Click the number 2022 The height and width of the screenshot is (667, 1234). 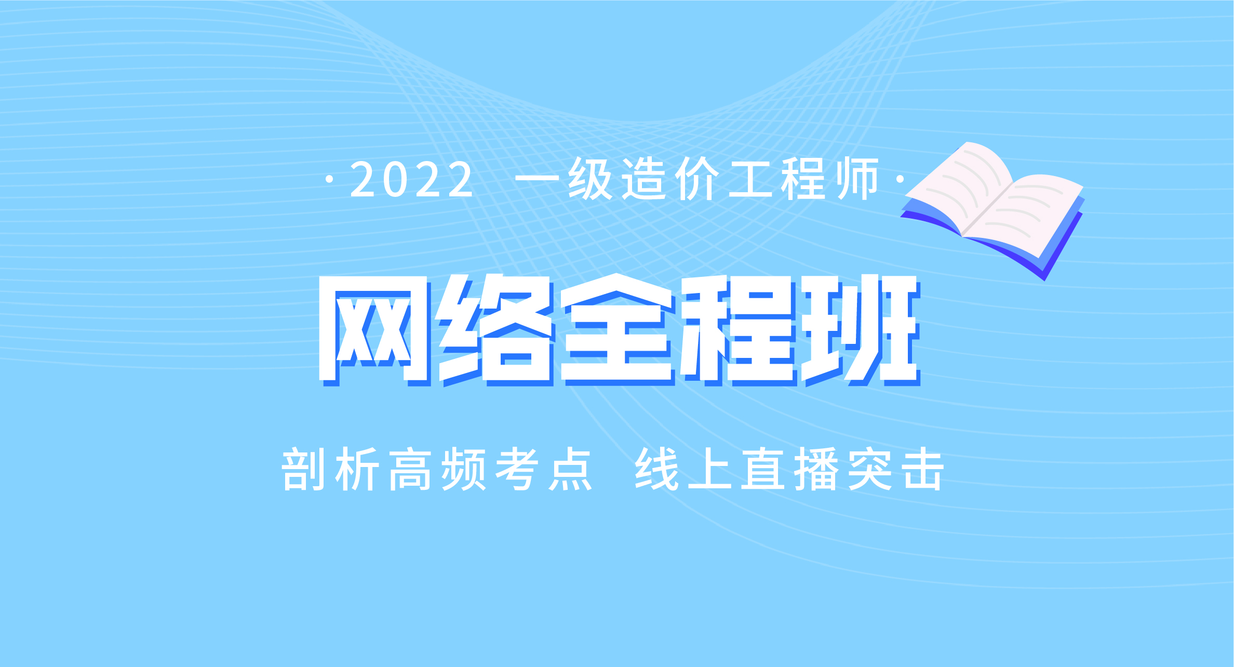[x=411, y=179]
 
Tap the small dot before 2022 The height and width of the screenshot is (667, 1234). [x=329, y=180]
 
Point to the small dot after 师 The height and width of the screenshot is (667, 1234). [x=900, y=179]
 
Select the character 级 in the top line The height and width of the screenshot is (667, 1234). [x=591, y=179]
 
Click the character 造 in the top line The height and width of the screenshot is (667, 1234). [x=644, y=179]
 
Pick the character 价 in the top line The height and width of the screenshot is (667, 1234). [x=698, y=179]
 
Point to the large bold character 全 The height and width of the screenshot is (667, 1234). [x=615, y=328]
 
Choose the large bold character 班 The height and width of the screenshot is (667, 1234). [x=860, y=328]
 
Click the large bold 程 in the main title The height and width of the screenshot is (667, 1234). [x=737, y=328]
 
